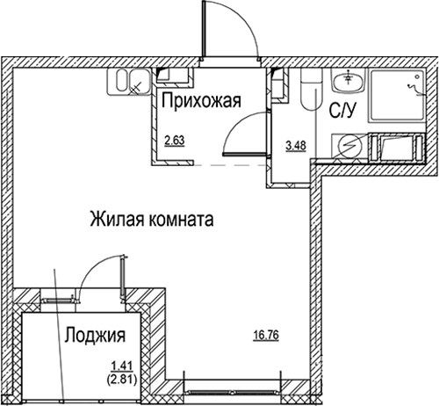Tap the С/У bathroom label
pyautogui.click(x=342, y=111)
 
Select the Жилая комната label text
pyautogui.click(x=152, y=219)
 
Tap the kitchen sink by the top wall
pyautogui.click(x=127, y=83)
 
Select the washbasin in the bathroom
pyautogui.click(x=347, y=82)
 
